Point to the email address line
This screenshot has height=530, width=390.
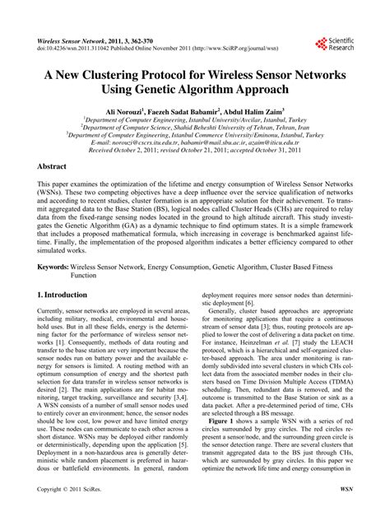coord(194,143)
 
